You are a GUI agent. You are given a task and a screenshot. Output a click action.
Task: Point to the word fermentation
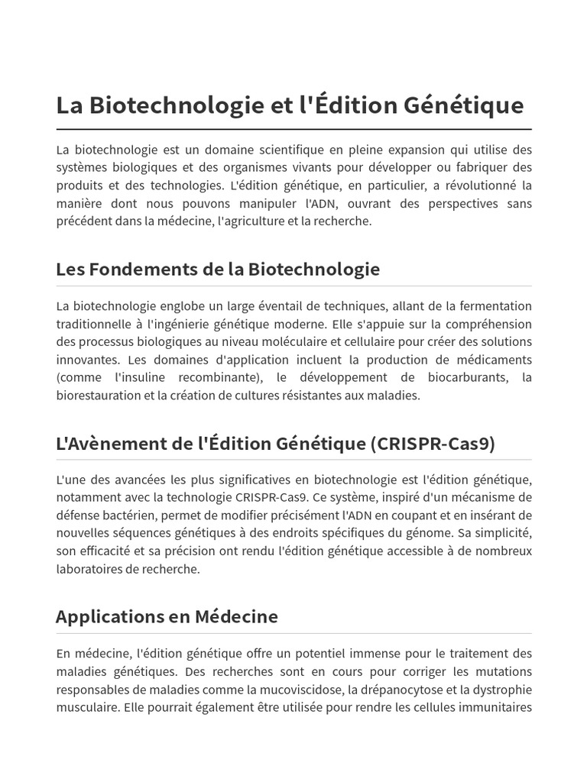point(493,306)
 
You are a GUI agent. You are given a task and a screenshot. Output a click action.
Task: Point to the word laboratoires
point(90,569)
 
